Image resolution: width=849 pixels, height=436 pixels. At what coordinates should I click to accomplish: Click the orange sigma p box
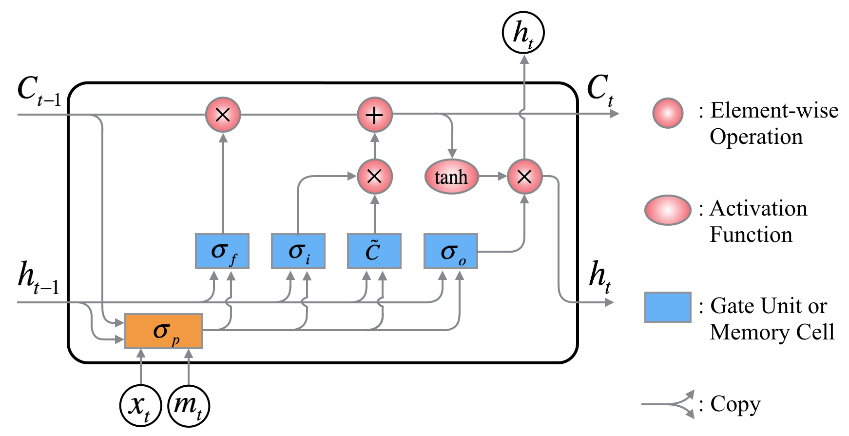[164, 331]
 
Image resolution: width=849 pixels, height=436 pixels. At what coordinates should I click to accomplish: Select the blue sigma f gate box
[222, 251]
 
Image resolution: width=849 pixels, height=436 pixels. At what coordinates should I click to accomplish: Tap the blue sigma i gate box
[298, 251]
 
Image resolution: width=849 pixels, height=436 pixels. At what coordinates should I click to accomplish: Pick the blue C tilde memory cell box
[374, 251]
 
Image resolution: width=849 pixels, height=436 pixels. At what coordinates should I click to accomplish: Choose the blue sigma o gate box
[451, 251]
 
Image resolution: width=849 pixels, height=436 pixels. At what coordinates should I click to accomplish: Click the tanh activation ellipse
[451, 177]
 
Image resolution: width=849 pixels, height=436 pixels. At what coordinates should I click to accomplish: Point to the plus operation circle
[374, 115]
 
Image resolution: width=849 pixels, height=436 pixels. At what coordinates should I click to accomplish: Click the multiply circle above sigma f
[223, 115]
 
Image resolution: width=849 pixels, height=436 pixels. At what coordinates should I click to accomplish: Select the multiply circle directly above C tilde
[374, 177]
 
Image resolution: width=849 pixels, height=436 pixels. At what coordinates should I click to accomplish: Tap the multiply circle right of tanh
[524, 177]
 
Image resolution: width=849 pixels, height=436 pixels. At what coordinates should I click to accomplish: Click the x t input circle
[141, 406]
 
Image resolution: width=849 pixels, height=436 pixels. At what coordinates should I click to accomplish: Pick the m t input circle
[189, 406]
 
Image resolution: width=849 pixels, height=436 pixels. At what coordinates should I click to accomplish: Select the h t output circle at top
[523, 33]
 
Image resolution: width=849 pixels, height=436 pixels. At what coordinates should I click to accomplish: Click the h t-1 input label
[38, 278]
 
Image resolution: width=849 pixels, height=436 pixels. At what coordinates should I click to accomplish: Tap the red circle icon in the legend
[668, 113]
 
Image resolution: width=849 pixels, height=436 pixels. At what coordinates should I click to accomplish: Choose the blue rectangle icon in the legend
[668, 307]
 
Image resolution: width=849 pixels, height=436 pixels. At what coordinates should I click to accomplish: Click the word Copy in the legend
[735, 404]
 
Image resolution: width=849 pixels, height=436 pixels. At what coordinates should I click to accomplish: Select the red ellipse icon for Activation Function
[668, 210]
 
